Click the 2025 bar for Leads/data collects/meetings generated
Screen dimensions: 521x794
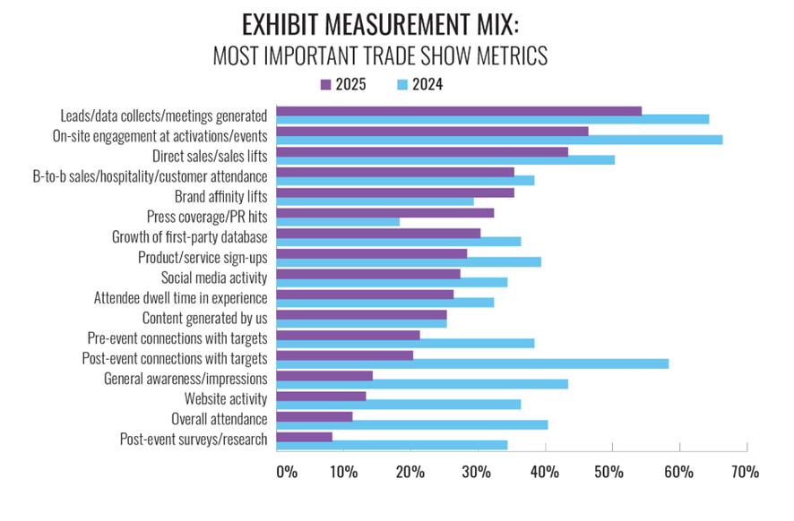click(459, 111)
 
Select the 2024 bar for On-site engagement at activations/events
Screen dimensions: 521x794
click(499, 140)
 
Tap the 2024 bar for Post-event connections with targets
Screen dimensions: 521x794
click(472, 363)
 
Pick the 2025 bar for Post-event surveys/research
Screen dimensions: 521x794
click(305, 437)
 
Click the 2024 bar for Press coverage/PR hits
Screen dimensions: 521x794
click(338, 221)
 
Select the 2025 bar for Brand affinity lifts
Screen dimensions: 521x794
click(395, 192)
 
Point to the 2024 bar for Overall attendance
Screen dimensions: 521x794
click(412, 424)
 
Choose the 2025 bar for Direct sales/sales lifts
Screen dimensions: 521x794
click(422, 151)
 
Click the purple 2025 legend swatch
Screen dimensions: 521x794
click(326, 85)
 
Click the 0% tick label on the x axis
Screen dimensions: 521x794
click(286, 472)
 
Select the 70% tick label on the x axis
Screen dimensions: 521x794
click(746, 472)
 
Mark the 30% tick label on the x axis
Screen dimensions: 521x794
click(478, 472)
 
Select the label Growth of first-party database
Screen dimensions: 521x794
click(189, 236)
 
